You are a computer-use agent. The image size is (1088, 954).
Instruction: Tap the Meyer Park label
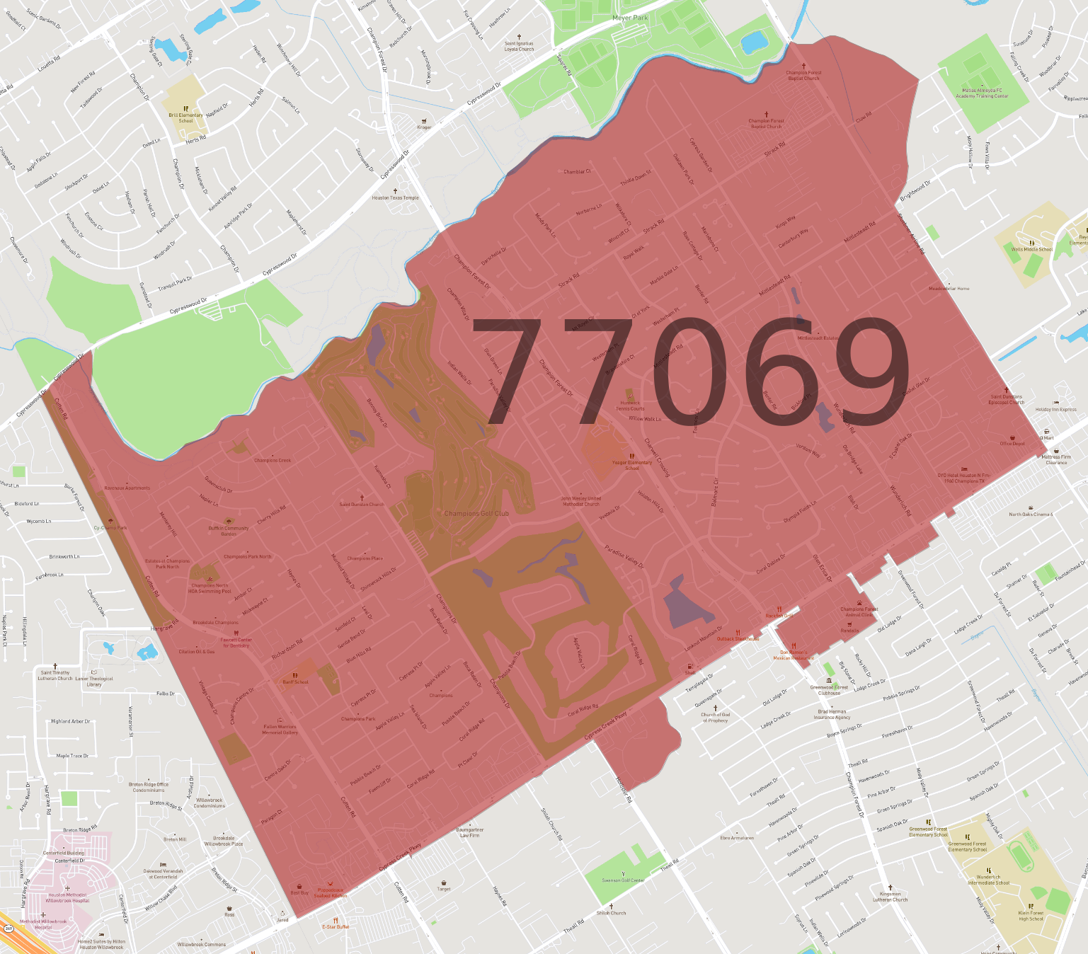[x=630, y=18]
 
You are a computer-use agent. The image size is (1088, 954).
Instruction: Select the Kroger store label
[x=424, y=127]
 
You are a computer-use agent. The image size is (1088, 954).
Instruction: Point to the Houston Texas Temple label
[x=395, y=197]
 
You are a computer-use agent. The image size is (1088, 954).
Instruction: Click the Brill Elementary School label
[x=185, y=117]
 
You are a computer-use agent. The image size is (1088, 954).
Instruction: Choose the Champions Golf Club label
[x=476, y=513]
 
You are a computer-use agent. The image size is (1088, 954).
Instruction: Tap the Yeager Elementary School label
[x=632, y=465]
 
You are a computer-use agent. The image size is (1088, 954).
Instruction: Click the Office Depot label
[x=1012, y=443]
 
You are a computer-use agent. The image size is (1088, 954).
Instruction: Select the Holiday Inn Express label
[x=1055, y=409]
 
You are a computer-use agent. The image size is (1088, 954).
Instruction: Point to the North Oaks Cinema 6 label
[x=1031, y=514]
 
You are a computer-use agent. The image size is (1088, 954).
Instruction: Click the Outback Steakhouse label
[x=738, y=638]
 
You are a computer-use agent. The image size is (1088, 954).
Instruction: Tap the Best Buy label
[x=299, y=892]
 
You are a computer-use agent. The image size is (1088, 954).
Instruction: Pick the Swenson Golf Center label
[x=623, y=880]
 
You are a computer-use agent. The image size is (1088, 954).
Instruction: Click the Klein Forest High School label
[x=1031, y=916]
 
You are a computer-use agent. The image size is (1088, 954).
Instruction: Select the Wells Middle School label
[x=1031, y=249]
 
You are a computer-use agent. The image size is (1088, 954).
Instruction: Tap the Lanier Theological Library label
[x=94, y=681]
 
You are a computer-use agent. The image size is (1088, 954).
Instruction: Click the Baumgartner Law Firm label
[x=469, y=832]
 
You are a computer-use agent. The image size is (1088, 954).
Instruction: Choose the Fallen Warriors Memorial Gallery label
[x=280, y=729]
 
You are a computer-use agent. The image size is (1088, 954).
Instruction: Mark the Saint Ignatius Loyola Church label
[x=519, y=46]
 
